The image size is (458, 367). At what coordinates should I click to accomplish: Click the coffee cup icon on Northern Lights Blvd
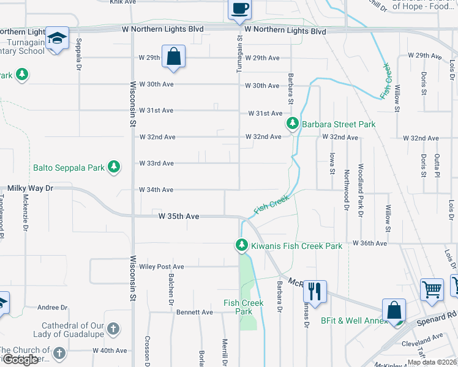tap(239, 9)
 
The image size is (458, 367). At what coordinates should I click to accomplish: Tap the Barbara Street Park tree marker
tap(293, 124)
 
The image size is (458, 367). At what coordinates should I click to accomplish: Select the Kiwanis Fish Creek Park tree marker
tap(242, 246)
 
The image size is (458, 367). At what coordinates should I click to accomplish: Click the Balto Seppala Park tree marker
tap(113, 167)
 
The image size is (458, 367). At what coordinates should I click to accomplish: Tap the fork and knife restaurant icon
tap(315, 291)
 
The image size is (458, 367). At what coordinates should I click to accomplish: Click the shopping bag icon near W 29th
tap(174, 56)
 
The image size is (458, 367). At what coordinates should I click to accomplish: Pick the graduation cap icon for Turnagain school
tap(57, 40)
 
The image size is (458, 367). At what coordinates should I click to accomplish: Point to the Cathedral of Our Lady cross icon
tap(113, 330)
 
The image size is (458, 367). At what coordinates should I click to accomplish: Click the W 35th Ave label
tap(179, 217)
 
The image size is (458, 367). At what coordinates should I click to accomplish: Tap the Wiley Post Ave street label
tap(162, 267)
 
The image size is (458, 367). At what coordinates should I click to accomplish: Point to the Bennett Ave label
tap(195, 312)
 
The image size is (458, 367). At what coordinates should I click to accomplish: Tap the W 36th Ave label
tap(370, 243)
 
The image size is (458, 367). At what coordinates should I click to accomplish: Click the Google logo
tap(20, 360)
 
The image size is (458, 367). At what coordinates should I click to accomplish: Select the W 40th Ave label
tap(110, 350)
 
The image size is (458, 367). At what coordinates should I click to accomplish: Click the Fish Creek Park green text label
tap(244, 307)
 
